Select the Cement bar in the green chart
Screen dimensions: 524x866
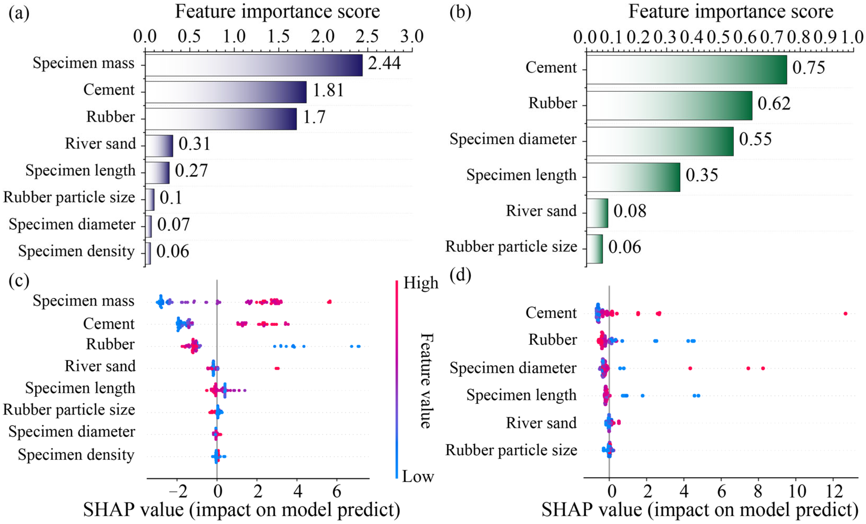tap(686, 70)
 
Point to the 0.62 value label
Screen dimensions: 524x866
tap(774, 104)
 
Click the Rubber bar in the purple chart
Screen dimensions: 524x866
tap(221, 119)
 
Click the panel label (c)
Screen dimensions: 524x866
tap(19, 281)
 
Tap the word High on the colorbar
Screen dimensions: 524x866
tap(421, 283)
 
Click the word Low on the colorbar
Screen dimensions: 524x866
tap(418, 477)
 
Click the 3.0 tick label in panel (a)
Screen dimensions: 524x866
tap(412, 37)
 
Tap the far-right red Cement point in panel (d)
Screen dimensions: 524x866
tap(845, 314)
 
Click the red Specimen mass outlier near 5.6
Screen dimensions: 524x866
tap(329, 302)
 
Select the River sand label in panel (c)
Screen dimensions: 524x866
tap(100, 366)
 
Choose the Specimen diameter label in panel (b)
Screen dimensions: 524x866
tap(513, 139)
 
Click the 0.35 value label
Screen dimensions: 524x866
tap(701, 175)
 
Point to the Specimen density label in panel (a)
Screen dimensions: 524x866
tap(76, 252)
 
